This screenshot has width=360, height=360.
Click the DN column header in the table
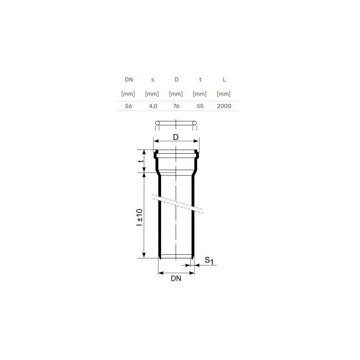coord(129,80)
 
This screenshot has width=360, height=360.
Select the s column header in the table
coord(153,80)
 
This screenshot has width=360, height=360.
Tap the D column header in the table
coord(176,80)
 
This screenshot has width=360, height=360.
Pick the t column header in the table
coord(200,80)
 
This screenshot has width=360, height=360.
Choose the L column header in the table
coord(224,80)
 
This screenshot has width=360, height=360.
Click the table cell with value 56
coord(129,106)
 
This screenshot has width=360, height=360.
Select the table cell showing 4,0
coord(153,106)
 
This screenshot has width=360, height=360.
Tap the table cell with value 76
coord(176,106)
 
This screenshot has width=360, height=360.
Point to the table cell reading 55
coord(200,106)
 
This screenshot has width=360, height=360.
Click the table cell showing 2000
coord(224,106)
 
